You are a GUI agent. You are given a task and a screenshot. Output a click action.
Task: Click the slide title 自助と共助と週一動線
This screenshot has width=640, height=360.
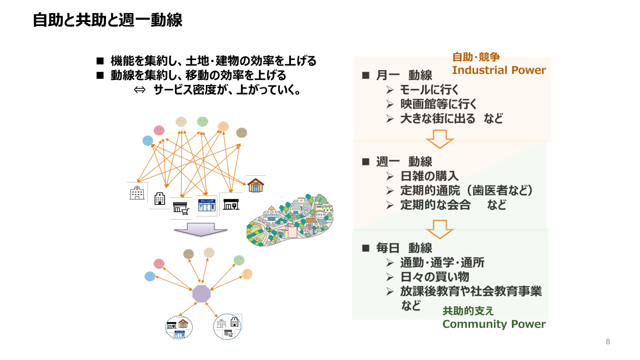point(107,20)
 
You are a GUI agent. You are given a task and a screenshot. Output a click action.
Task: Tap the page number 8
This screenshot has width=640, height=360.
point(608,341)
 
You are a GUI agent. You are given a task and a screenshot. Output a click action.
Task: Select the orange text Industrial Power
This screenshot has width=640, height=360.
point(499,70)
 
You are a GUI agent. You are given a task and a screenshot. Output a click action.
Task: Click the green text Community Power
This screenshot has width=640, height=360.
point(494,324)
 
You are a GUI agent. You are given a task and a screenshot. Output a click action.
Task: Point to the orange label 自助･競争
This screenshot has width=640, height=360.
point(476,57)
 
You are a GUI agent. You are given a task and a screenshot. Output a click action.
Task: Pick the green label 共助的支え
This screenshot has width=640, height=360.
point(468,311)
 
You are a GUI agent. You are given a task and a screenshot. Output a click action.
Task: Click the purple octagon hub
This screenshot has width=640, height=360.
point(201,294)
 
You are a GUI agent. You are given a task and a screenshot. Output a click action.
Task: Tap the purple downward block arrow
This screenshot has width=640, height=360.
point(201,229)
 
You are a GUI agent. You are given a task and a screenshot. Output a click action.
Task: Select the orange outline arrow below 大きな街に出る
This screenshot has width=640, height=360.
point(440,139)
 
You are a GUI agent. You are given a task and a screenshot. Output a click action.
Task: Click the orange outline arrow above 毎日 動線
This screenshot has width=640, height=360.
point(440,229)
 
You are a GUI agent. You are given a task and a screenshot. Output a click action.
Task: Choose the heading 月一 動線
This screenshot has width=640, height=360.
point(404,75)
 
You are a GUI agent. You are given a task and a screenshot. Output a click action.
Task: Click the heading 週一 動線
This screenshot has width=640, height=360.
point(404,162)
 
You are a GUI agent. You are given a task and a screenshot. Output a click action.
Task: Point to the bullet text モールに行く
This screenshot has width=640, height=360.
point(429,90)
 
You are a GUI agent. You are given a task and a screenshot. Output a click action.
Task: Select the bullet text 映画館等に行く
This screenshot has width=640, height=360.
point(439,104)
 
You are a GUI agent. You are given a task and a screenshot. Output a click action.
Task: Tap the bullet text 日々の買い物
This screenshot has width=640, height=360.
point(435,277)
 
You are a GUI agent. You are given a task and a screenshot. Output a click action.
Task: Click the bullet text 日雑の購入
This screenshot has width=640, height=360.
point(429,176)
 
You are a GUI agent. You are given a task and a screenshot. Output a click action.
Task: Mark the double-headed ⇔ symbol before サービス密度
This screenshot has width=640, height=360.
point(140,90)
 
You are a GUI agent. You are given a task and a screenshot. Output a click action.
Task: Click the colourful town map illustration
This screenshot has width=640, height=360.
point(290,220)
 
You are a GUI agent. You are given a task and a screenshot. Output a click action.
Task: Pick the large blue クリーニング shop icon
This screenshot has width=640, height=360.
point(207,205)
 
